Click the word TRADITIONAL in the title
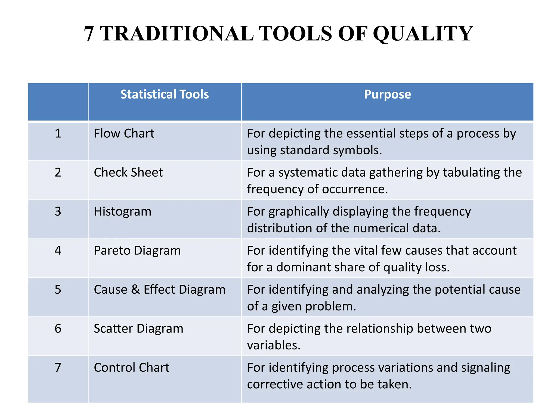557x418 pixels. pyautogui.click(x=177, y=34)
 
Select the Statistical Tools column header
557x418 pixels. pyautogui.click(x=165, y=94)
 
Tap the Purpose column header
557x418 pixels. pyautogui.click(x=387, y=94)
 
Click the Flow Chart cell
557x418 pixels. pyautogui.click(x=124, y=134)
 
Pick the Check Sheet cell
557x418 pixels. pyautogui.click(x=128, y=173)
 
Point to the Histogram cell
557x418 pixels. pyautogui.click(x=122, y=211)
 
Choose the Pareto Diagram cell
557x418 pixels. pyautogui.click(x=137, y=251)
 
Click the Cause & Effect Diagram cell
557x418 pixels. pyautogui.click(x=159, y=290)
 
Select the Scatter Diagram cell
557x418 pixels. pyautogui.click(x=138, y=328)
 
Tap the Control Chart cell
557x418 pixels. pyautogui.click(x=132, y=368)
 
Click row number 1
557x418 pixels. pyautogui.click(x=58, y=134)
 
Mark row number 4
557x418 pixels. pyautogui.click(x=58, y=251)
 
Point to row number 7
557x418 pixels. pyautogui.click(x=58, y=368)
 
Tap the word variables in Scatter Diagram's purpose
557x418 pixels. pyautogui.click(x=273, y=345)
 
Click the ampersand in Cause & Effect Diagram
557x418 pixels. pyautogui.click(x=135, y=290)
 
